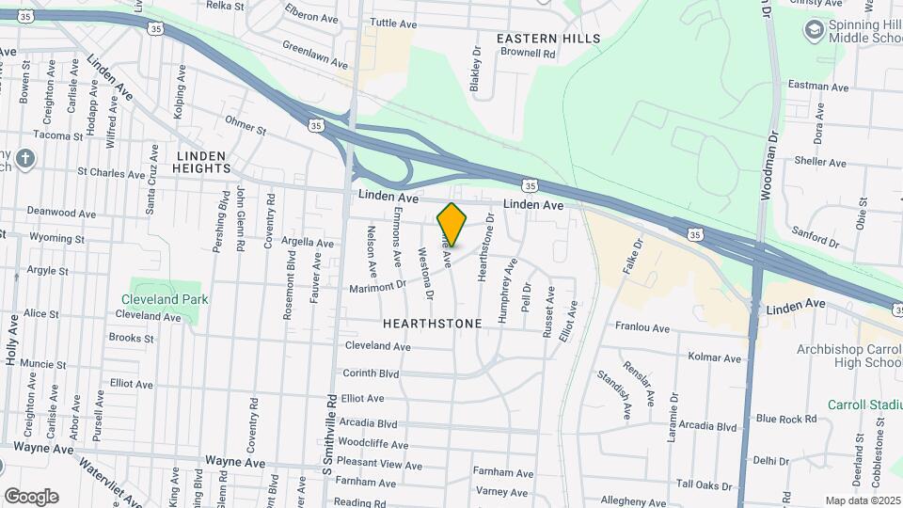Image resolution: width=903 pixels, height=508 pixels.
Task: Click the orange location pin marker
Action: [451, 225]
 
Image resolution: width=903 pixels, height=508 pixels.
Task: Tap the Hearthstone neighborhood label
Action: [433, 324]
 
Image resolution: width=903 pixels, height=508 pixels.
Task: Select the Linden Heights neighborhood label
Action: [201, 162]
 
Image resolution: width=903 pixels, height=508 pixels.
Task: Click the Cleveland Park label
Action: [164, 300]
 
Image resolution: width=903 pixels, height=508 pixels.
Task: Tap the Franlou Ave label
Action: [642, 328]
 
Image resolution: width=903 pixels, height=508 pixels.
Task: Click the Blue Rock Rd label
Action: [785, 419]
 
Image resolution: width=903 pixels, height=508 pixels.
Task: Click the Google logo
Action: [31, 497]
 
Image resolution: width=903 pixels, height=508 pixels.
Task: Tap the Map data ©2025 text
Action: [862, 501]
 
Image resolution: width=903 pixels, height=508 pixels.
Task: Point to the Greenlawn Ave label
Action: [315, 55]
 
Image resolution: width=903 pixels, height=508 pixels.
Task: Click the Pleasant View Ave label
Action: [379, 463]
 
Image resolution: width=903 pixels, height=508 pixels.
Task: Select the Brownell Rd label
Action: [528, 55]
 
